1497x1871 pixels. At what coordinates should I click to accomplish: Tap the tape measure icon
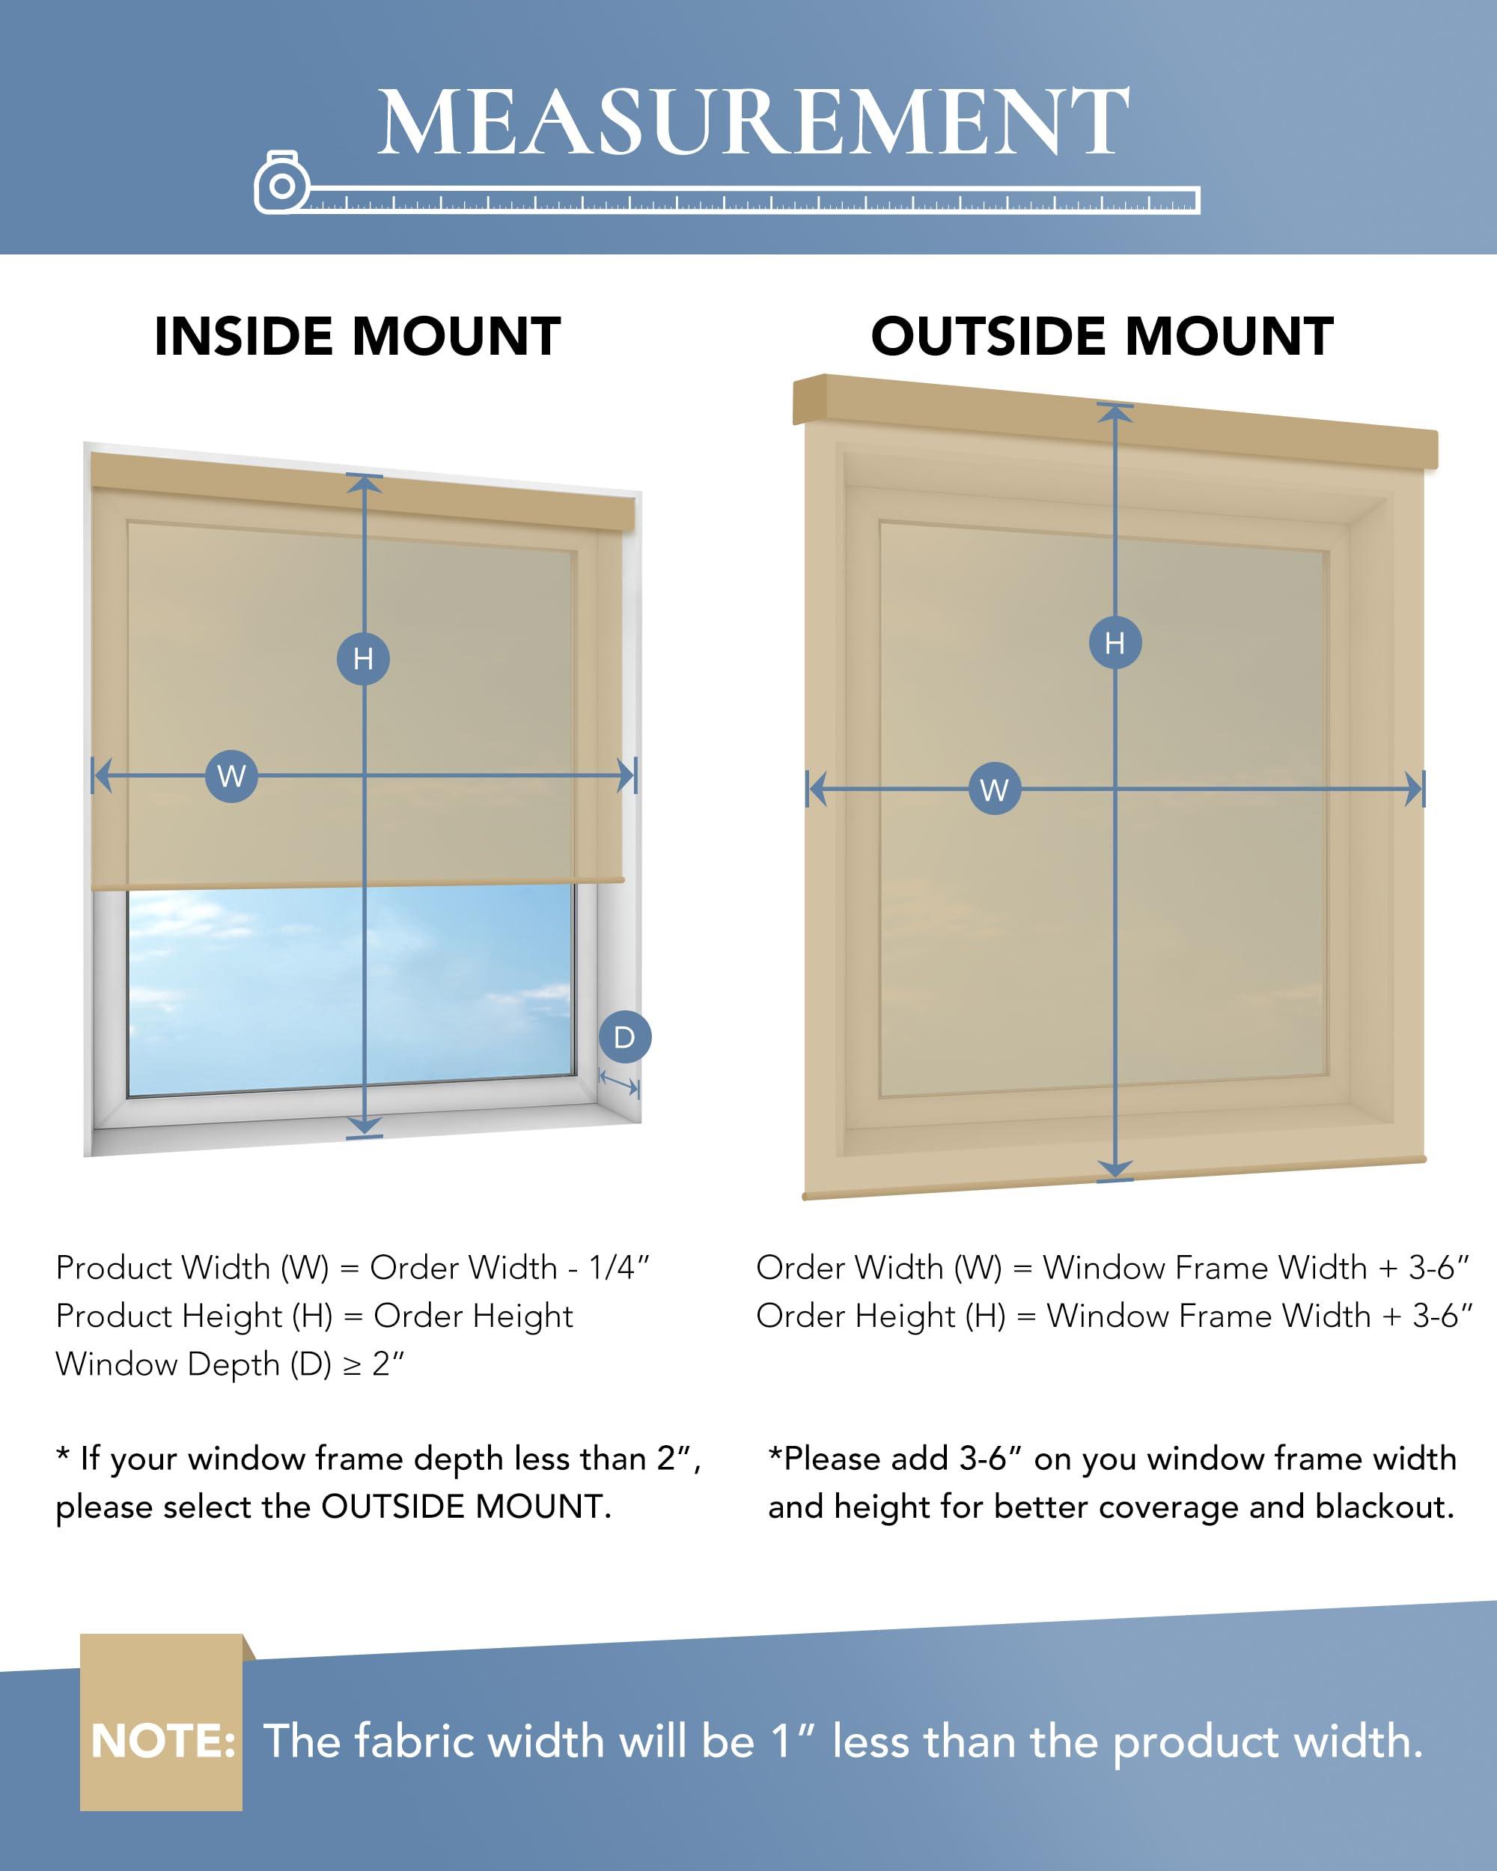281,183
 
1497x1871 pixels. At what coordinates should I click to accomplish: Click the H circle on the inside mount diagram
363,659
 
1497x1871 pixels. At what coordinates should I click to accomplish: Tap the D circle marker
624,1037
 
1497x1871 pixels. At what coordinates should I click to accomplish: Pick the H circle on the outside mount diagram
1115,643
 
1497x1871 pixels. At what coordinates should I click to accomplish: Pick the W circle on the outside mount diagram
994,789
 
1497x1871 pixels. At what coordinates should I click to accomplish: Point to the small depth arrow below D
619,1083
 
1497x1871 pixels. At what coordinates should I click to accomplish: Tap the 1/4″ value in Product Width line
619,1268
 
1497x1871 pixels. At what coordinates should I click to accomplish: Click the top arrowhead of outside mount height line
1115,413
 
